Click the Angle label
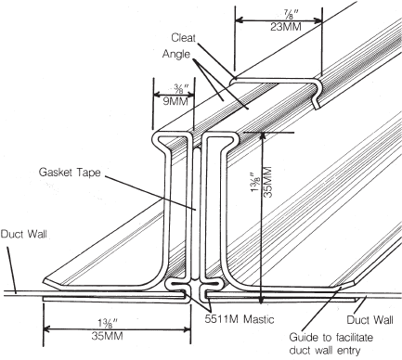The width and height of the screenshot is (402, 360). pos(178,56)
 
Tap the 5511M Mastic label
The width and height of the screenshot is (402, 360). pos(243,315)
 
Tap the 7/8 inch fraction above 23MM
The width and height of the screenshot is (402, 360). pos(280,13)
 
